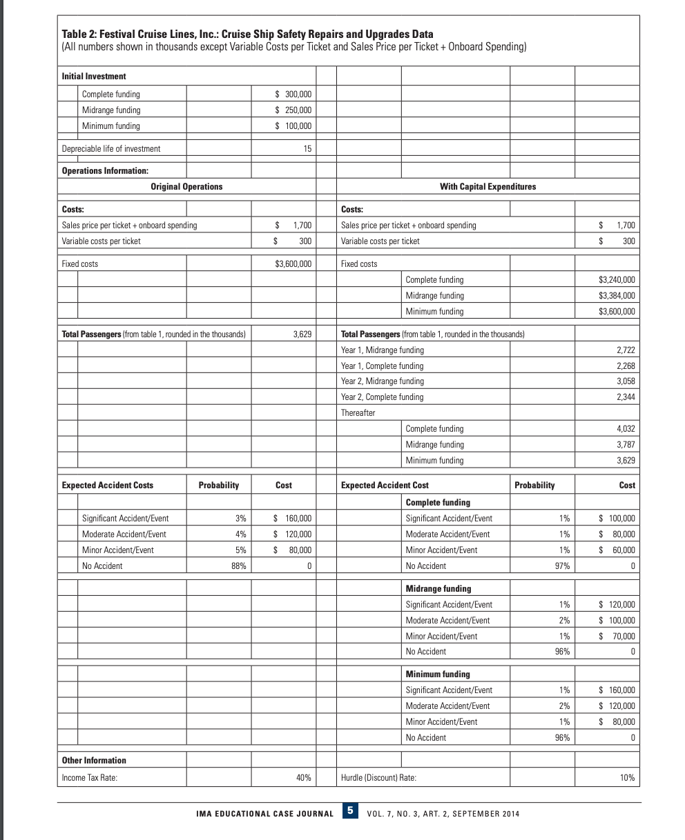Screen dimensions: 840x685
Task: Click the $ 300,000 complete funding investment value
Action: [293, 94]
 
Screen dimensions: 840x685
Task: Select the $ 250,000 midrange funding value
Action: [293, 110]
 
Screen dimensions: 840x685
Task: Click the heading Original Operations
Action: [186, 187]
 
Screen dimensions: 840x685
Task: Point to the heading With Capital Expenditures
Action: [488, 187]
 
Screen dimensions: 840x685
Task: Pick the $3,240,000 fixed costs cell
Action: [616, 280]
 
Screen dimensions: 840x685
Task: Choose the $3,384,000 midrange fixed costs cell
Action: [616, 296]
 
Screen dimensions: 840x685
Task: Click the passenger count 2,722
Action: [624, 350]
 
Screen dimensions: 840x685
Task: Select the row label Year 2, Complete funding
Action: [383, 397]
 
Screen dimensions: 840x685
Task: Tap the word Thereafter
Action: [358, 413]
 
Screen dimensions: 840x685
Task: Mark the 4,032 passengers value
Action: [624, 429]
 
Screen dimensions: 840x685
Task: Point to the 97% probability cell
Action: [561, 566]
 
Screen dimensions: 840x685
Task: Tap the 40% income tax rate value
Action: [303, 778]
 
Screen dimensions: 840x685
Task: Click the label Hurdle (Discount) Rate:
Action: [378, 778]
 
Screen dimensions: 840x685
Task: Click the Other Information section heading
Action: [94, 761]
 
